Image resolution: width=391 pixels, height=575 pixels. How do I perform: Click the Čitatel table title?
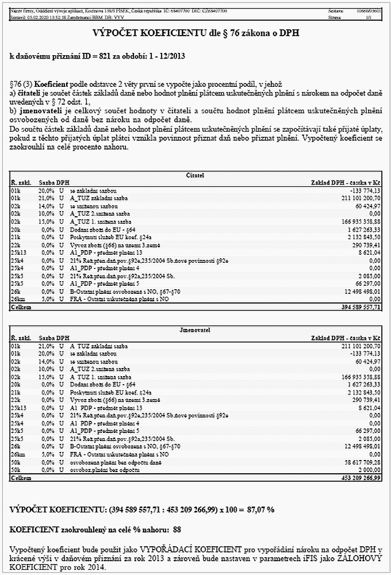click(x=195, y=174)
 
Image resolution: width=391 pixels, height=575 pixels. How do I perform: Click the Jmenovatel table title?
click(x=195, y=330)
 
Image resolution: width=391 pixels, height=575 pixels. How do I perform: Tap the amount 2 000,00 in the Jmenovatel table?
click(x=369, y=470)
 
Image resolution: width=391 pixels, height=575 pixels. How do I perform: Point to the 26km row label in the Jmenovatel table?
click(x=18, y=454)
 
